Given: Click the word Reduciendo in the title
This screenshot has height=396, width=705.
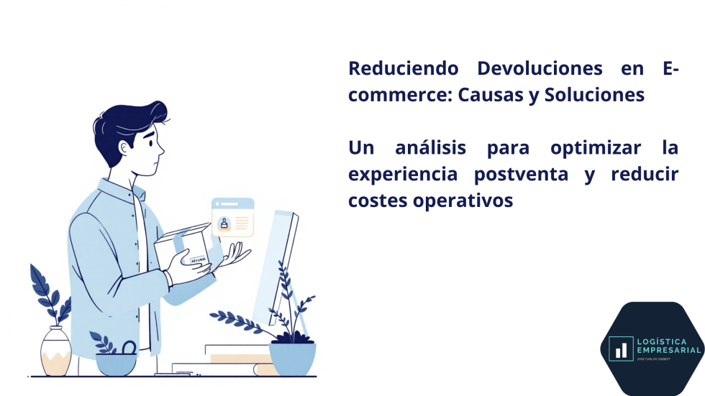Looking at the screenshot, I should point(403,69).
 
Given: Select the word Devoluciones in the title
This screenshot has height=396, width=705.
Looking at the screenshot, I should point(529,69).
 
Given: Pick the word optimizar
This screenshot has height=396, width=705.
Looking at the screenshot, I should point(596,149).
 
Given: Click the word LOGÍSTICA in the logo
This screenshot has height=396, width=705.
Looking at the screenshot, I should point(660,341).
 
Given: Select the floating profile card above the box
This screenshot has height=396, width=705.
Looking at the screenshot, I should point(232,218).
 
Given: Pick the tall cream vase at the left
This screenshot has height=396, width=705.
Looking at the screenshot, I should point(55,352).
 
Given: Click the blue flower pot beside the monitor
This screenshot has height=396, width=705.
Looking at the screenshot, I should point(292,358).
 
